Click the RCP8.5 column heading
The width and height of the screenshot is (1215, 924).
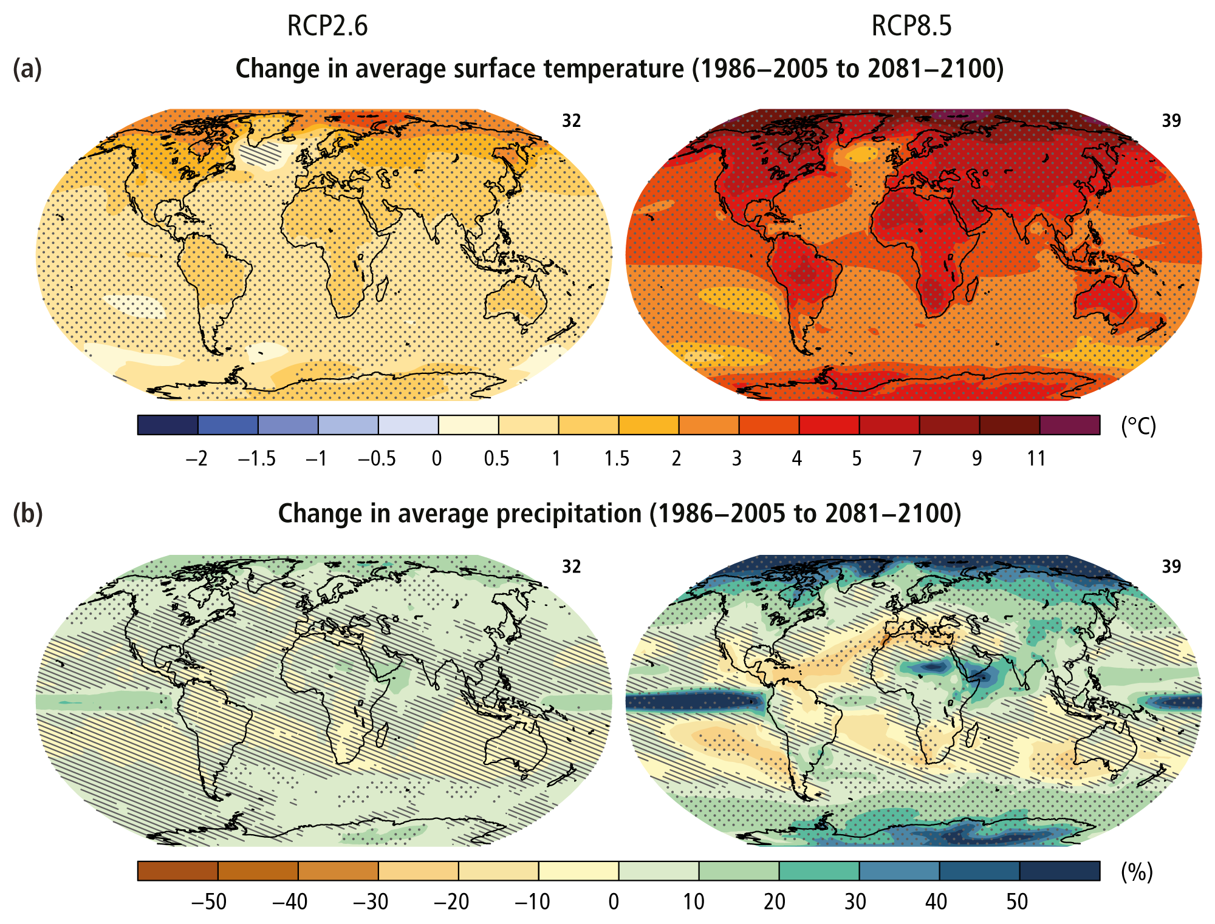pos(911,26)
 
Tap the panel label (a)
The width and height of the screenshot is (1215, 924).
pos(27,69)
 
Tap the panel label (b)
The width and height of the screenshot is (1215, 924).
pos(27,514)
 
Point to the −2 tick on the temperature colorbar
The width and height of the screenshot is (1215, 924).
pos(197,458)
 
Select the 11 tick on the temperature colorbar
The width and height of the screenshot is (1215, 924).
pos(1036,458)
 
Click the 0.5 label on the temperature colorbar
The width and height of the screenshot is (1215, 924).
pos(496,458)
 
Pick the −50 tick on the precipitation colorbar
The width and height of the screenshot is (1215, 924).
pos(209,902)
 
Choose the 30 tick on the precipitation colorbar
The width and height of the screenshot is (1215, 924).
pos(855,902)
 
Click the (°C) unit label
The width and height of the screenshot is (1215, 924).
pos(1138,426)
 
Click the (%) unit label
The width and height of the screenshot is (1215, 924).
pos(1137,872)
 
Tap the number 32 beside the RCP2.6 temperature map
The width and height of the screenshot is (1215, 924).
pos(571,121)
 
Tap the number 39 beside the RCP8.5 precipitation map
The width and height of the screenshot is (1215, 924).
pos(1171,566)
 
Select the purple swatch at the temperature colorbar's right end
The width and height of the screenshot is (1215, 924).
pos(1070,425)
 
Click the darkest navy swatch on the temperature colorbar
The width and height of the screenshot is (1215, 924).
pos(168,425)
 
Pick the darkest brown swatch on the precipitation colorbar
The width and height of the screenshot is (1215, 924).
pos(177,871)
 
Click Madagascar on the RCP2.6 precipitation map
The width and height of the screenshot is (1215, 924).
pos(383,738)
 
